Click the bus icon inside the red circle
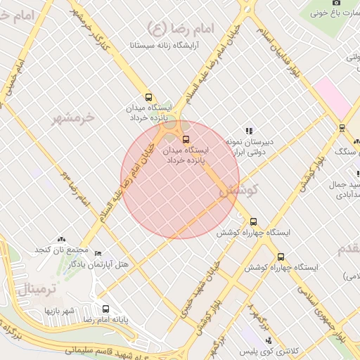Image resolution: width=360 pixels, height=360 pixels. click(x=186, y=139)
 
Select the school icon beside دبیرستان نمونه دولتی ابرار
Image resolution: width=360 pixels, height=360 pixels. click(x=248, y=131)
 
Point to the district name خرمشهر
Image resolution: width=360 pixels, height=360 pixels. click(x=73, y=117)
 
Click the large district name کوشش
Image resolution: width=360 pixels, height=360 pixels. click(x=245, y=190)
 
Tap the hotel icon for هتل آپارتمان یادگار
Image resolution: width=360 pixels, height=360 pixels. click(x=98, y=254)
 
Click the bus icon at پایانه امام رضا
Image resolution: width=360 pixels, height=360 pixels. click(x=106, y=309)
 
